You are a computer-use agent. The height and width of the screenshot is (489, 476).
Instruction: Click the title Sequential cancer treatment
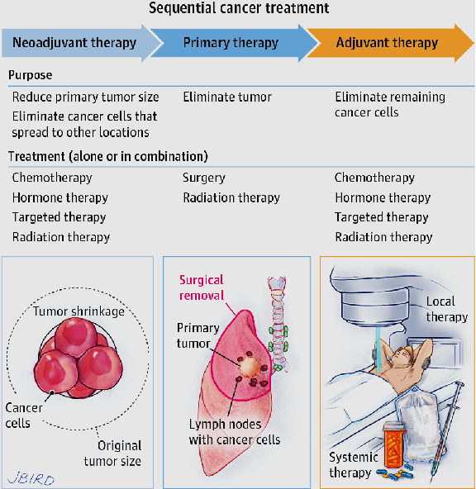pyautogui.click(x=239, y=8)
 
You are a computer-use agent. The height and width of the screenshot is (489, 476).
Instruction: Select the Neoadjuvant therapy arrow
pyautogui.click(x=82, y=43)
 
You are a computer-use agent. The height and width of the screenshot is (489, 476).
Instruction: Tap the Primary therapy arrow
pyautogui.click(x=234, y=43)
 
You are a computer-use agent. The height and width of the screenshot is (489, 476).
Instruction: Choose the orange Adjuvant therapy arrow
pyautogui.click(x=390, y=43)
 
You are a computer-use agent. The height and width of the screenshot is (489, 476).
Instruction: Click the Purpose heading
pyautogui.click(x=31, y=75)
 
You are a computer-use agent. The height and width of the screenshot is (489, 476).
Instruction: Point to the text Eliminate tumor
pyautogui.click(x=227, y=97)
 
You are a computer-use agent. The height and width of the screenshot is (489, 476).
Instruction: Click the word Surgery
pyautogui.click(x=203, y=178)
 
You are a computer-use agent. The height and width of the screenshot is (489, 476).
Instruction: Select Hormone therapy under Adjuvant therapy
pyautogui.click(x=383, y=197)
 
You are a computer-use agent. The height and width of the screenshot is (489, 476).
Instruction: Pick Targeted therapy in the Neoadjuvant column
pyautogui.click(x=59, y=217)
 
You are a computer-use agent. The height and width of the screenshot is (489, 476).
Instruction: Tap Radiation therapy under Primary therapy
pyautogui.click(x=231, y=197)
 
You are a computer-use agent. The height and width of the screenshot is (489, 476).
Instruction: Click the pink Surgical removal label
pyautogui.click(x=202, y=287)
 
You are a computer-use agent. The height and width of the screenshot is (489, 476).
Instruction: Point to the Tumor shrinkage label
pyautogui.click(x=79, y=311)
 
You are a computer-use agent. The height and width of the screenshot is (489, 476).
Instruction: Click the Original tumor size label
pyautogui.click(x=112, y=453)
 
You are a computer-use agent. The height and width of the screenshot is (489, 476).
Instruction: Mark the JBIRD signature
pyautogui.click(x=31, y=479)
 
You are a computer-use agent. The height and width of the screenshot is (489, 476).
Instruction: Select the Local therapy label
pyautogui.click(x=447, y=309)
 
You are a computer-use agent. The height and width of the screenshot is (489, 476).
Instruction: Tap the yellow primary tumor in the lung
pyautogui.click(x=249, y=366)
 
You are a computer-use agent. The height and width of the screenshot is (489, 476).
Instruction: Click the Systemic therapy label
pyautogui.click(x=354, y=465)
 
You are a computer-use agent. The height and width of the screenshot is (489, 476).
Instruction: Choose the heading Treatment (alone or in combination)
pyautogui.click(x=108, y=156)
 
